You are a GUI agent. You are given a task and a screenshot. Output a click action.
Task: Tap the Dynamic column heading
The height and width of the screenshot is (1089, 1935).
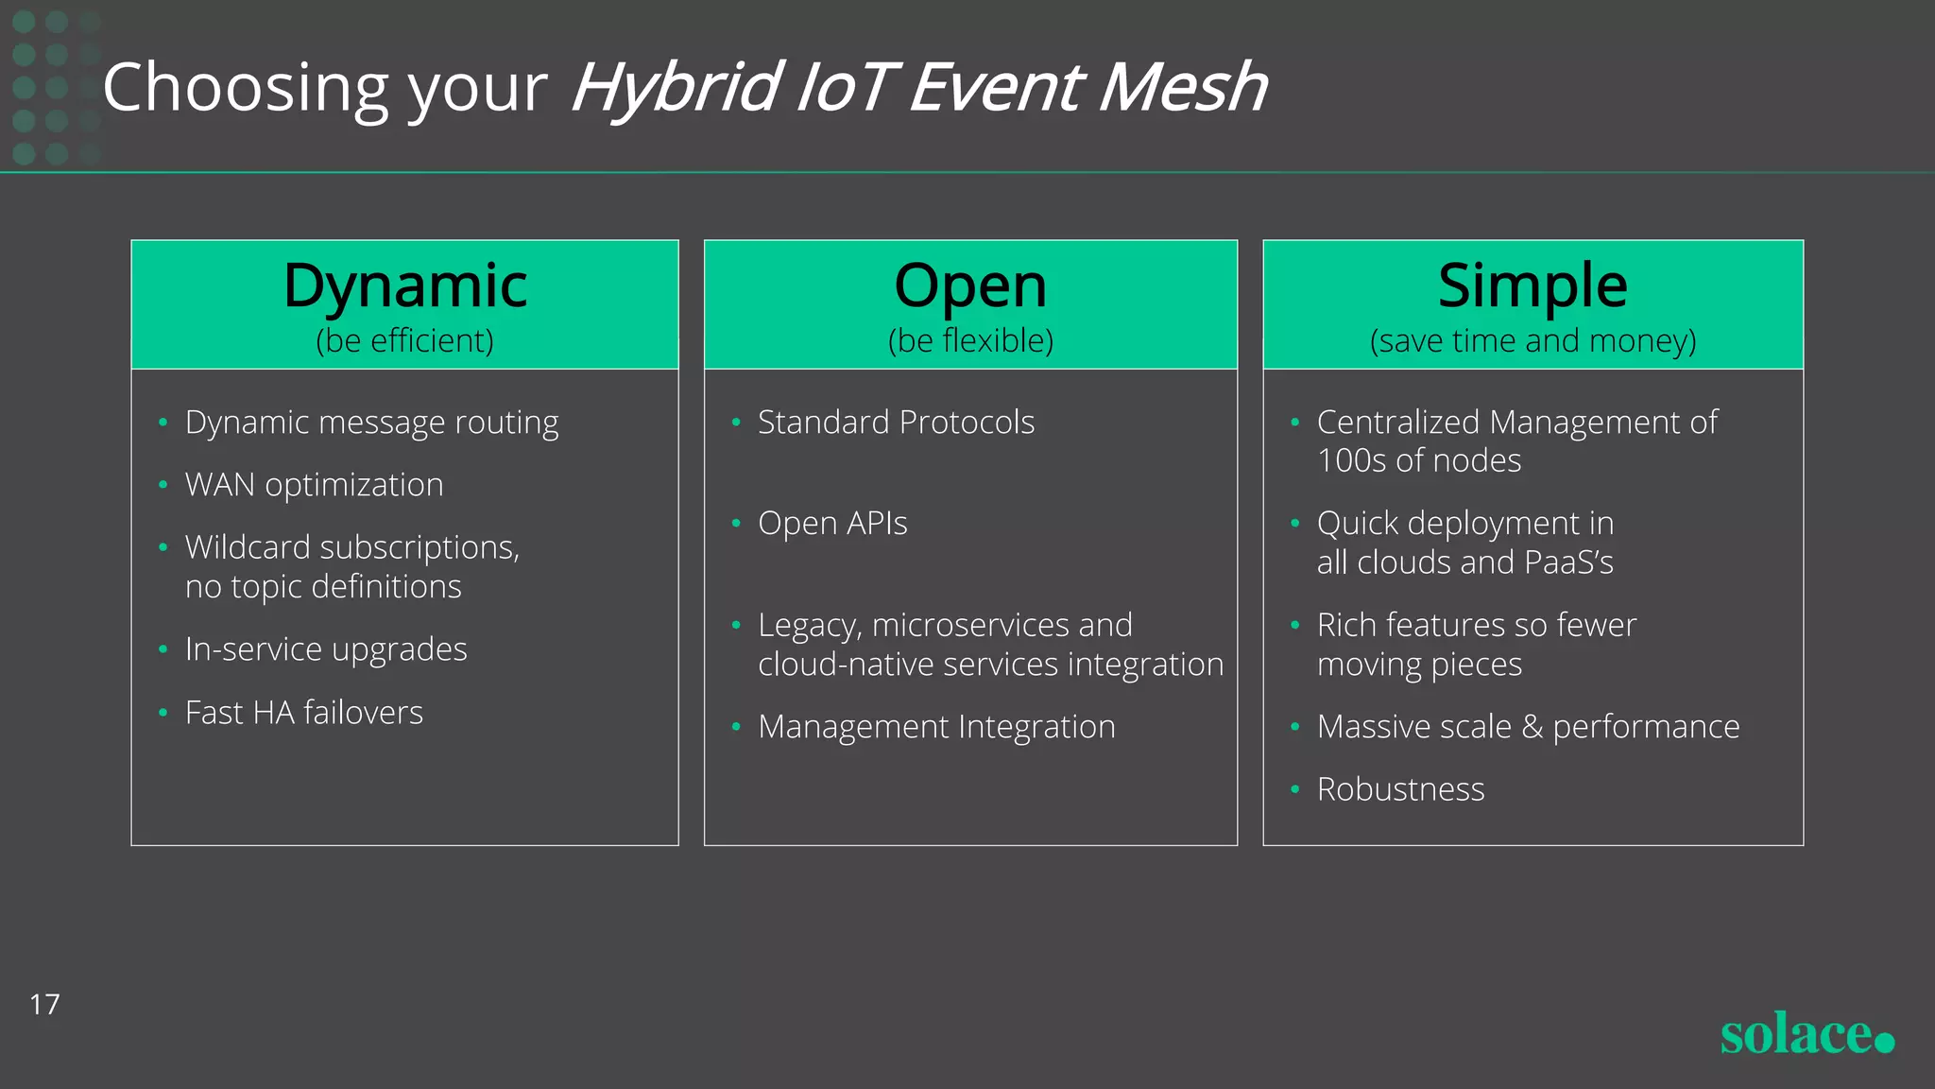(404, 285)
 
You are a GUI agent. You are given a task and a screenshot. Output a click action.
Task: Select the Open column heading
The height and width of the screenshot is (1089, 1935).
(970, 285)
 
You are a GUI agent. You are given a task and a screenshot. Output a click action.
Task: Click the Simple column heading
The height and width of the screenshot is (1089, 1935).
(1533, 285)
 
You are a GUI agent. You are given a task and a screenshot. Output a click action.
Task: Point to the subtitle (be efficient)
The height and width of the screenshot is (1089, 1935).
(404, 340)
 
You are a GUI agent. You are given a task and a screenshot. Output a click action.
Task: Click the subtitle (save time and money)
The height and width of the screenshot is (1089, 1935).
(1533, 340)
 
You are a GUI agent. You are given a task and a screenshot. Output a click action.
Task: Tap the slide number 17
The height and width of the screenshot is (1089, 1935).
(44, 1004)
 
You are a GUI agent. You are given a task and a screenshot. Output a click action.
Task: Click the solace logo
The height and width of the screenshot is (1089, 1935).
(1806, 1034)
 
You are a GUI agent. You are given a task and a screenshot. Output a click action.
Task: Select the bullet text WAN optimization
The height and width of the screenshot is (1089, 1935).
(314, 485)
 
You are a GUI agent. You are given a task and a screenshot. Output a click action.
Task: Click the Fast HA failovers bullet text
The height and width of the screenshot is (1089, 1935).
(303, 713)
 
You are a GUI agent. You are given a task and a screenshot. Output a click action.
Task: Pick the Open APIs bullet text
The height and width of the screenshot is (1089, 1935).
(832, 524)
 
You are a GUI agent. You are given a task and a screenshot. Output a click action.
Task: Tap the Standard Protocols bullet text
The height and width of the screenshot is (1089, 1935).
(896, 423)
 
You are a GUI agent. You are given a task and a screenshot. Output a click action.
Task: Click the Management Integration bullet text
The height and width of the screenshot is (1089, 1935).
(936, 727)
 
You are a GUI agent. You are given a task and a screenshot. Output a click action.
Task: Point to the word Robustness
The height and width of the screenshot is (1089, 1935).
(1400, 789)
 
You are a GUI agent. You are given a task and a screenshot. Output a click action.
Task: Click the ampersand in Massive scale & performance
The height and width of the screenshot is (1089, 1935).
(1533, 727)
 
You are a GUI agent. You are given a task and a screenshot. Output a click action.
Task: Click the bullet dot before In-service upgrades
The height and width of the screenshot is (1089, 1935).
(163, 649)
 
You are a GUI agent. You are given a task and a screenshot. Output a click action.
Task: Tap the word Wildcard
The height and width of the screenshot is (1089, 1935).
(248, 547)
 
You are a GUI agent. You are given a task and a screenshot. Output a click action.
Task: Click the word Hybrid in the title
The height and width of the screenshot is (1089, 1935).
(676, 88)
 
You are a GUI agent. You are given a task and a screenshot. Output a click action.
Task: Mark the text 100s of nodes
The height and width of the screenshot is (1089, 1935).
(1418, 461)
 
